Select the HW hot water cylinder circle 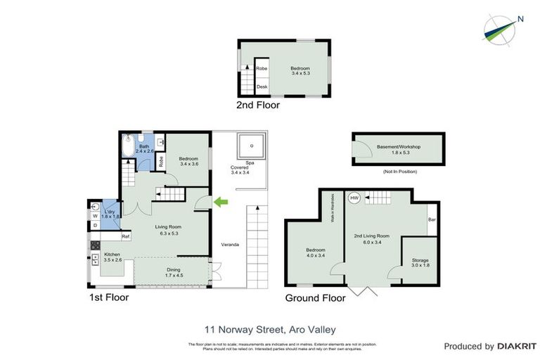[354, 198]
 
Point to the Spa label [250, 162]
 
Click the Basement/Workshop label [398, 147]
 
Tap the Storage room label [420, 260]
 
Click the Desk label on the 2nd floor [262, 86]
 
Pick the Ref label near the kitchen [125, 236]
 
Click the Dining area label [173, 269]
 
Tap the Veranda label [230, 244]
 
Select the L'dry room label [110, 212]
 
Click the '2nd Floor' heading [258, 105]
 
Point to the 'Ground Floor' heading [315, 298]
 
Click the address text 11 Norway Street [270, 329]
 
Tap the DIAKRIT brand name [517, 347]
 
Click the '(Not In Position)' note [399, 172]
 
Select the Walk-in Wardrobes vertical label [333, 209]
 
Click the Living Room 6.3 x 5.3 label [169, 229]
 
